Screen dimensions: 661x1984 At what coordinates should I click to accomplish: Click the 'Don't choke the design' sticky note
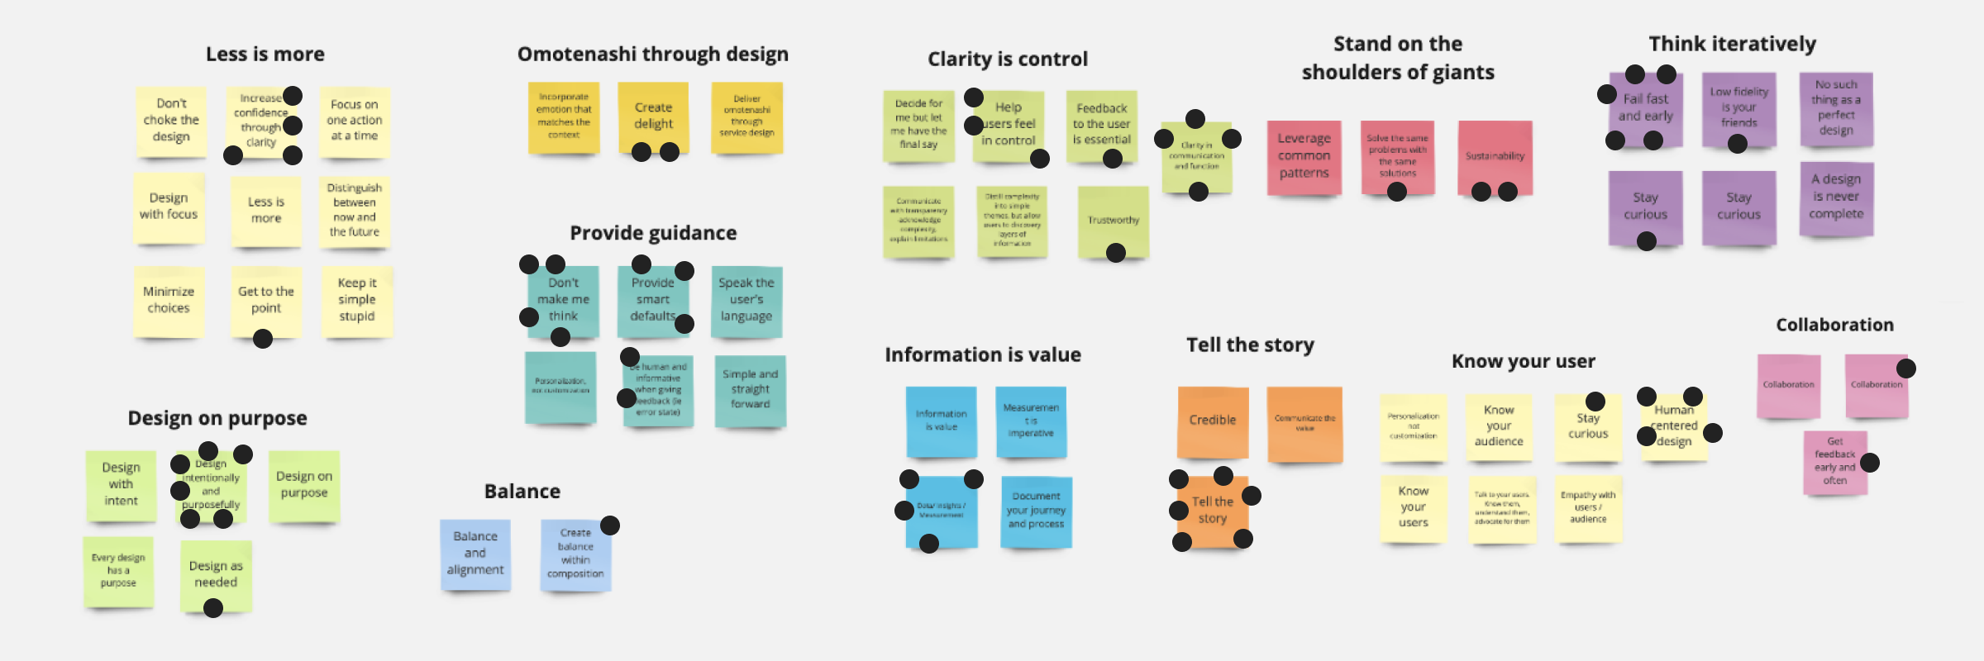171,121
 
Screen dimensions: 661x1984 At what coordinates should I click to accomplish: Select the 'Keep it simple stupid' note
356,300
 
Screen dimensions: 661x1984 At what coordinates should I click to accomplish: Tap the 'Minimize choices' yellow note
169,300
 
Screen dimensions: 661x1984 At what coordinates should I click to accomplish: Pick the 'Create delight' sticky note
653,117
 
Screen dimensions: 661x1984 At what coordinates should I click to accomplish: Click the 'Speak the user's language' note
746,300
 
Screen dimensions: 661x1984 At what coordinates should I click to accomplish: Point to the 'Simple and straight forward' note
750,389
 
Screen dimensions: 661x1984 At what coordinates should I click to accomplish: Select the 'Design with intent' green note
121,484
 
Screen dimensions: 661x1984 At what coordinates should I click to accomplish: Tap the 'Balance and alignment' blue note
475,554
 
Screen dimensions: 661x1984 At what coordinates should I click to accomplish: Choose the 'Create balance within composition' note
575,554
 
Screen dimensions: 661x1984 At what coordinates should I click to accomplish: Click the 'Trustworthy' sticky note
1114,221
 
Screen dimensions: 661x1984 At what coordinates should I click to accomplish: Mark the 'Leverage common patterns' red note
1304,156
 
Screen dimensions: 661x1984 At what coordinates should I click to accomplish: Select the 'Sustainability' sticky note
1495,156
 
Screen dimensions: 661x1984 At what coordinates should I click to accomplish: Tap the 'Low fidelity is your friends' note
1738,108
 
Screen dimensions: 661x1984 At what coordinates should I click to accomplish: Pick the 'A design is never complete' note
1836,197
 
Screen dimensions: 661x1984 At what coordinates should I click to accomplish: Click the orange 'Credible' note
1213,421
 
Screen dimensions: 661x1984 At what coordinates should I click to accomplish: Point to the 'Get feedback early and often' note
1834,461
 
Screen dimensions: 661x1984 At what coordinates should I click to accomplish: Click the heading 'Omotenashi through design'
653,55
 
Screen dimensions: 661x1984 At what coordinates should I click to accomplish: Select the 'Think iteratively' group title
1732,45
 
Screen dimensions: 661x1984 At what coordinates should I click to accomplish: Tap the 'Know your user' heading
1524,362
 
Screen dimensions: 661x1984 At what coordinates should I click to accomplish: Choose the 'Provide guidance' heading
653,234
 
